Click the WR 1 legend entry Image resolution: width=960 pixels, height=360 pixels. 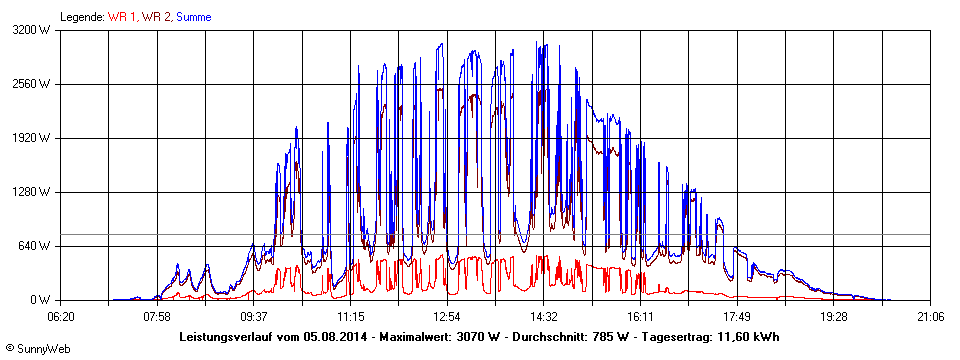(x=122, y=16)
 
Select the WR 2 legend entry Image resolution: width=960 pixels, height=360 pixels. (x=157, y=16)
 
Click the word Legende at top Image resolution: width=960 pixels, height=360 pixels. (x=82, y=16)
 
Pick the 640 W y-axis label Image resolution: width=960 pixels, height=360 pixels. (x=37, y=246)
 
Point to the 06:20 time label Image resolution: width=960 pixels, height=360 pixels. (x=61, y=316)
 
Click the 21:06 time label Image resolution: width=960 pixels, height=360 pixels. (x=930, y=316)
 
